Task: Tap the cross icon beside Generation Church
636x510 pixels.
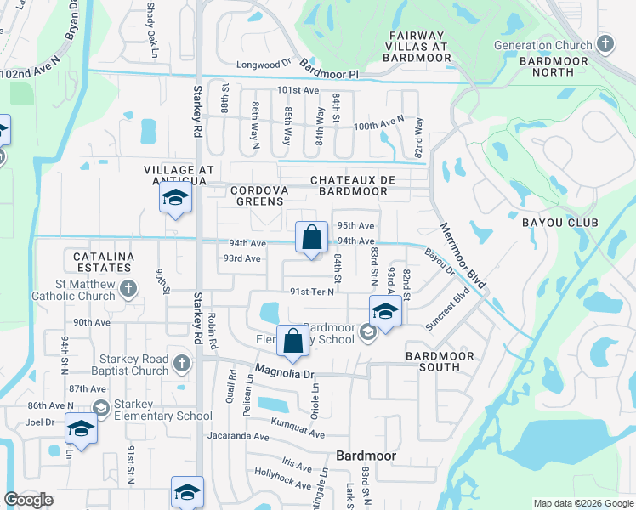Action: (x=605, y=42)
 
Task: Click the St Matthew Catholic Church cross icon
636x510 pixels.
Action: (x=128, y=288)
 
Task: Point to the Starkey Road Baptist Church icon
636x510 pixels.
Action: (x=180, y=364)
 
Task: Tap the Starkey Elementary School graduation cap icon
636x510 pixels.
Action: (x=101, y=408)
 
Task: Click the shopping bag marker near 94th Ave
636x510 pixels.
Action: (x=311, y=237)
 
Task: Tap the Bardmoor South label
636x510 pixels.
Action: (x=432, y=361)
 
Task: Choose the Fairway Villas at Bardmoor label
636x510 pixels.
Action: (x=417, y=46)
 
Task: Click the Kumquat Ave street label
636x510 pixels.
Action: (x=297, y=428)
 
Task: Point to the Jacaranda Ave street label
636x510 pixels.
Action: (x=237, y=436)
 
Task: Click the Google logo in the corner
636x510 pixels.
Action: (x=29, y=500)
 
